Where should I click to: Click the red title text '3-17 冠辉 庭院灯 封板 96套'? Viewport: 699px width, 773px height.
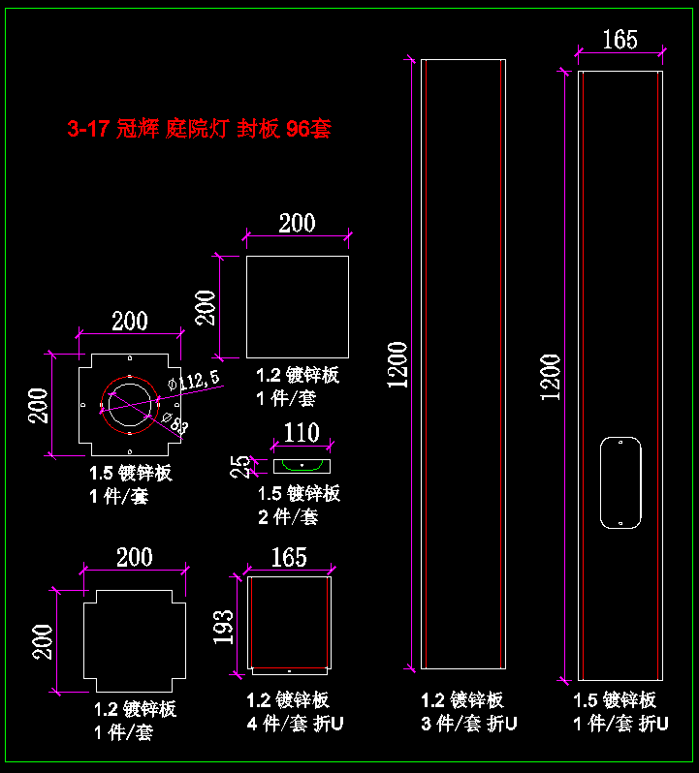pos(199,129)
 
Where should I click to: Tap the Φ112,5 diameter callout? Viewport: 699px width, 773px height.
pos(193,378)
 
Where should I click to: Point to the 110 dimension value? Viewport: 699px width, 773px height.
pos(301,432)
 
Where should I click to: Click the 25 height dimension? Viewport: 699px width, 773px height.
pos(239,467)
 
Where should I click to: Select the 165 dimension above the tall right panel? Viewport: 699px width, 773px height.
pos(620,39)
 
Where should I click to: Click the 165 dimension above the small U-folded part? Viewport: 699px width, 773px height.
pos(289,556)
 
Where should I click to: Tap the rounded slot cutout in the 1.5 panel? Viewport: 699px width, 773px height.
pos(620,483)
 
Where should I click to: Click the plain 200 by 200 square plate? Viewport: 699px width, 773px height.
pos(297,306)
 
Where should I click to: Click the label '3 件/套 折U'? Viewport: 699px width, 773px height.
pos(469,723)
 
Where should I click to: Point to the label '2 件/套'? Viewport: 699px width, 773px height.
pos(288,516)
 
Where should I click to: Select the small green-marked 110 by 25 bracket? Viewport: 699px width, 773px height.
pos(302,466)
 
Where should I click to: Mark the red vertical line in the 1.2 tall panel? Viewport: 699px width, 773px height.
pos(500,363)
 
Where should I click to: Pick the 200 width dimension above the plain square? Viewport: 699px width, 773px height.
pos(297,223)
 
